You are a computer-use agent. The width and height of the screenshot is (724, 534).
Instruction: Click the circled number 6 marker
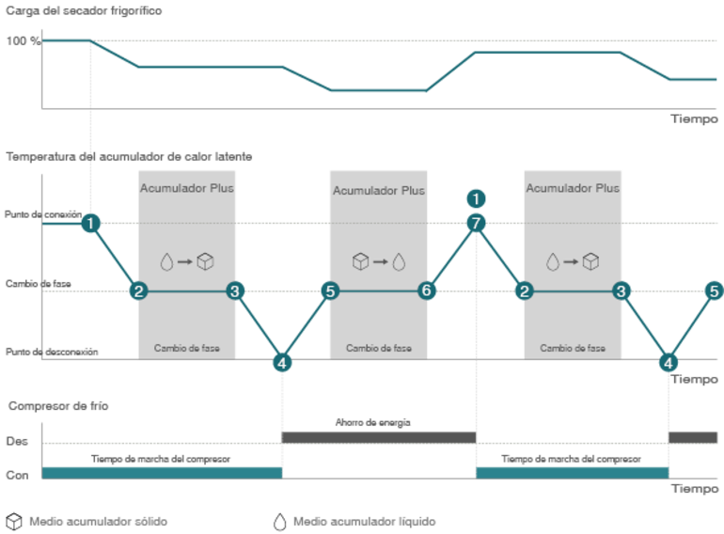[x=427, y=291]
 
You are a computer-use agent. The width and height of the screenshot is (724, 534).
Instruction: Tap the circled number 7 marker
[x=477, y=223]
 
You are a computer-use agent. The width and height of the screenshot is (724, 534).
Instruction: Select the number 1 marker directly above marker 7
[x=477, y=198]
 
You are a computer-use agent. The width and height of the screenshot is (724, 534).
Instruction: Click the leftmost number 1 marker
[x=90, y=224]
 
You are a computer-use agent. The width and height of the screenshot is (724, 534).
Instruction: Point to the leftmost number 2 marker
[x=138, y=291]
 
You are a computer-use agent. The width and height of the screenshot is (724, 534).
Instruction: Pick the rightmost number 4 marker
[x=669, y=361]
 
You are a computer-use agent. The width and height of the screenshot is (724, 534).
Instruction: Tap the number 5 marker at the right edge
[x=714, y=291]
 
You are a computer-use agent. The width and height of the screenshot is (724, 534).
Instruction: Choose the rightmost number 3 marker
[x=621, y=291]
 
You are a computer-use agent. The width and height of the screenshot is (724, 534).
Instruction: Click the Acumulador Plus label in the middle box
[x=378, y=190]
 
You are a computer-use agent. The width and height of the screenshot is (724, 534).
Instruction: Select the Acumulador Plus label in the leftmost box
[x=187, y=188]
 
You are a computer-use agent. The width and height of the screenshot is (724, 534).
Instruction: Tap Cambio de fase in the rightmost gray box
[x=573, y=348]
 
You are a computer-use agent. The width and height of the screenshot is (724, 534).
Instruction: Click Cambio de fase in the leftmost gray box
[x=187, y=348]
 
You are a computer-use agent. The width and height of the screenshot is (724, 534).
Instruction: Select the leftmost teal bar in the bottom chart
[x=162, y=471]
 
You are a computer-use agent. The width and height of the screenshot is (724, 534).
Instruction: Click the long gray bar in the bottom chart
[x=378, y=437]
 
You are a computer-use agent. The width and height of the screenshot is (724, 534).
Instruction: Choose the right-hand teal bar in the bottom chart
[x=573, y=471]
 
